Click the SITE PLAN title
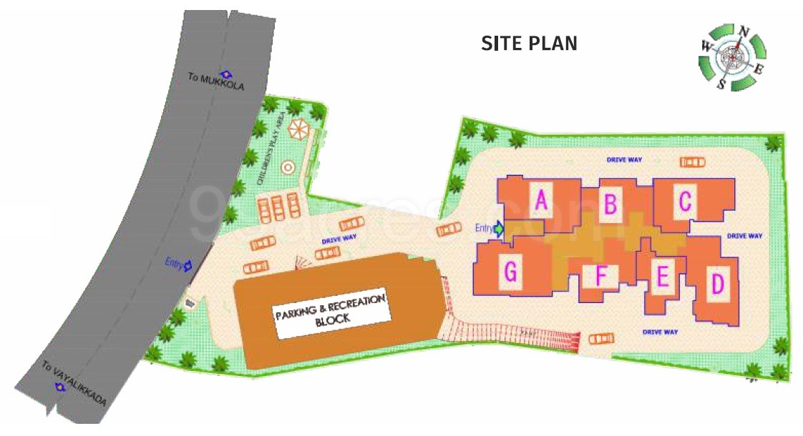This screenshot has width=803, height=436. pyautogui.click(x=529, y=44)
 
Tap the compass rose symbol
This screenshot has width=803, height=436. pyautogui.click(x=732, y=56)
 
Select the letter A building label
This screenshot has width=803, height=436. pyautogui.click(x=541, y=202)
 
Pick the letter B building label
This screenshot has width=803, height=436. pyautogui.click(x=610, y=204)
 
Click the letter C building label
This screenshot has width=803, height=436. pyautogui.click(x=685, y=202)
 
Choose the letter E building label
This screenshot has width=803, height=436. pyautogui.click(x=663, y=277)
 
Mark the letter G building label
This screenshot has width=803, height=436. pyautogui.click(x=510, y=272)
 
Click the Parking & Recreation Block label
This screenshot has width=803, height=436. pyautogui.click(x=331, y=309)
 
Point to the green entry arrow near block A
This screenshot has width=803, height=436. pyautogui.click(x=499, y=229)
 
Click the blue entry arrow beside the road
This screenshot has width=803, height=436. pyautogui.click(x=188, y=265)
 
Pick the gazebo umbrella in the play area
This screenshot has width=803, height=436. pyautogui.click(x=298, y=131)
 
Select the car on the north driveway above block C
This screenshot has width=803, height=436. pyautogui.click(x=691, y=162)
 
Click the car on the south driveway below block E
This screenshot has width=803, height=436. pyautogui.click(x=600, y=338)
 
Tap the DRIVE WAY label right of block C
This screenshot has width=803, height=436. pyautogui.click(x=744, y=236)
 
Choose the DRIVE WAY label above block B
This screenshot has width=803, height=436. pyautogui.click(x=623, y=159)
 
